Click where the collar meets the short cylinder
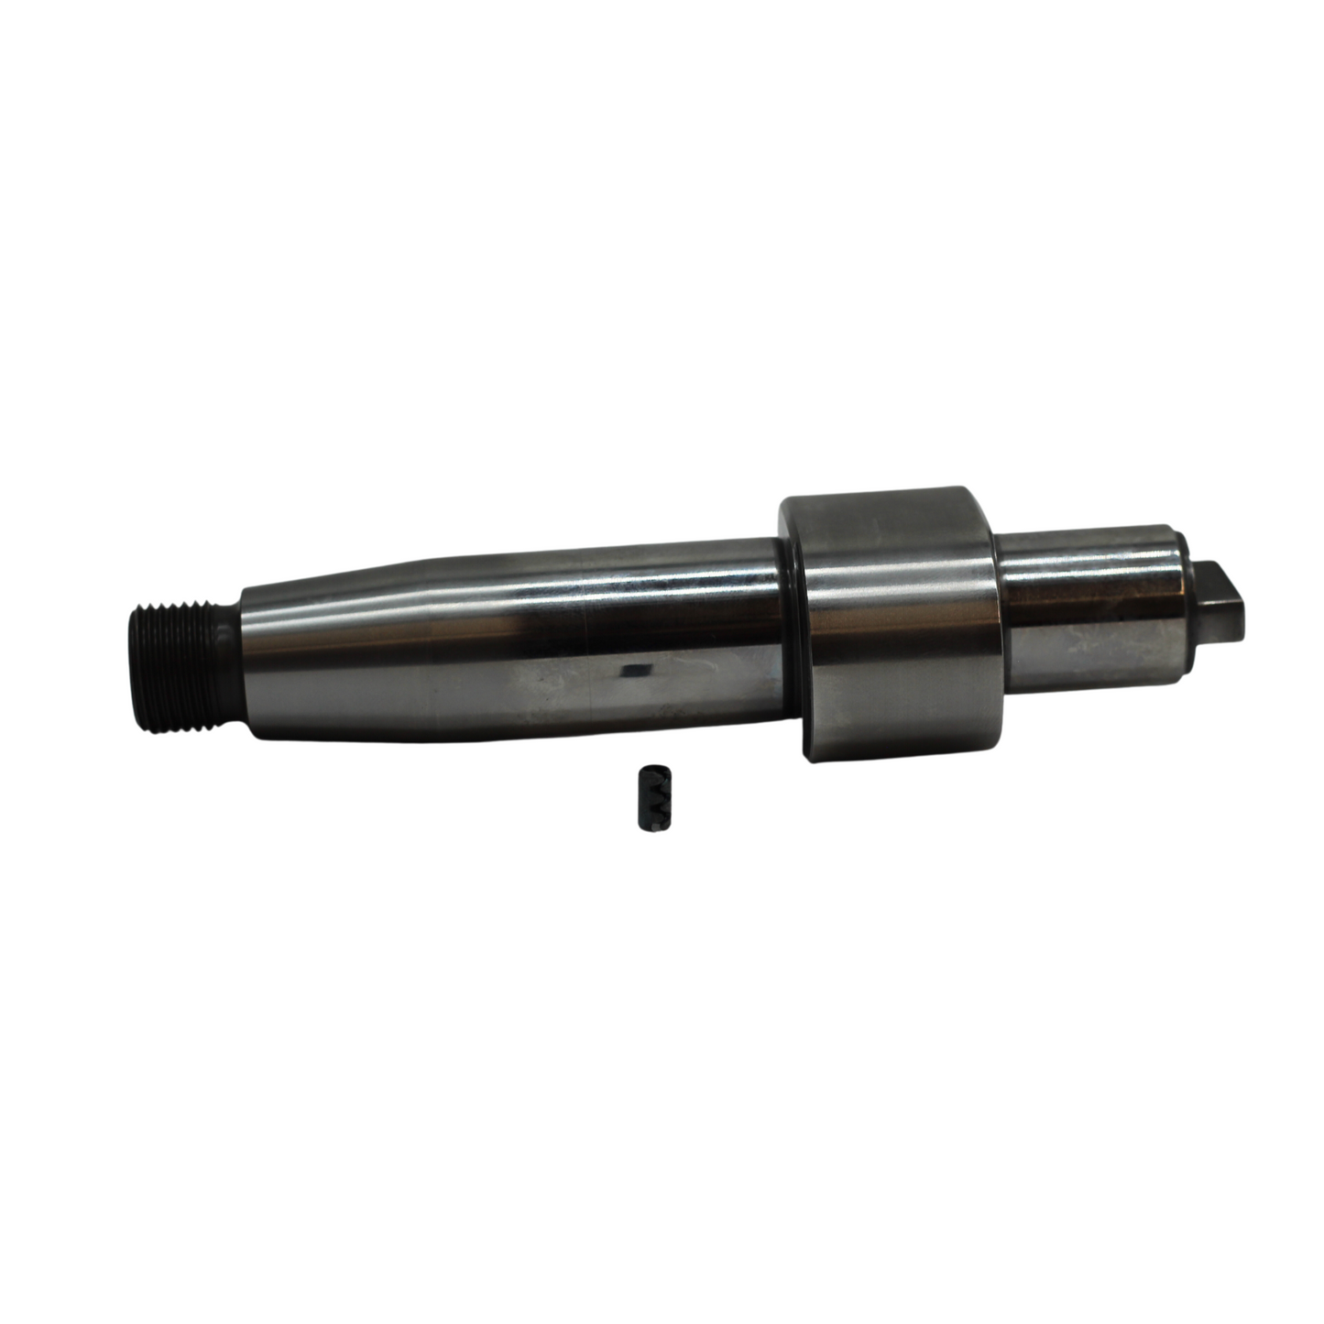pos(999,614)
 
